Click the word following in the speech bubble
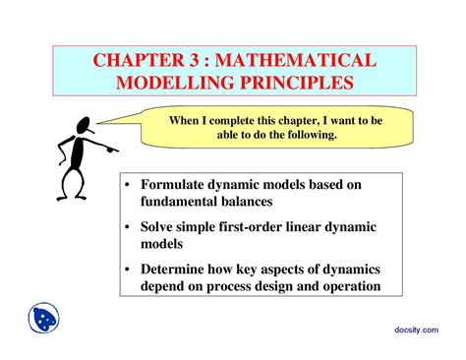coord(308,136)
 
